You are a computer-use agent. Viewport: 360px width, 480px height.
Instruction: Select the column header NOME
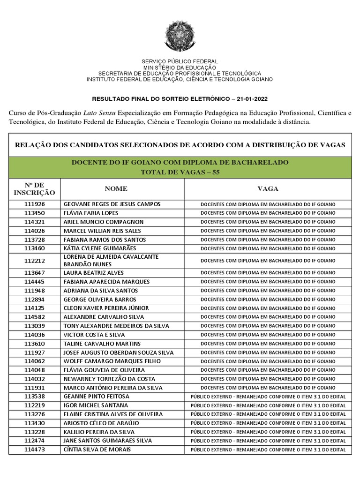[x=116, y=189]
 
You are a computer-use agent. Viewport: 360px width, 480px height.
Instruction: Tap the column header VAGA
[x=268, y=189]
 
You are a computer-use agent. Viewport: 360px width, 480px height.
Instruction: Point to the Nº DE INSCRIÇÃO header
[x=34, y=189]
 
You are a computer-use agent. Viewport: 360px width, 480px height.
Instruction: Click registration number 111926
[x=35, y=204]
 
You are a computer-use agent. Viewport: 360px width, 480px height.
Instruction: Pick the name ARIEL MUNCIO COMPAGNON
[x=103, y=222]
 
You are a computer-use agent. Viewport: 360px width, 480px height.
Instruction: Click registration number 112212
[x=35, y=261]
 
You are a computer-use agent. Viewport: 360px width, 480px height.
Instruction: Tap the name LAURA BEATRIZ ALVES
[x=93, y=273]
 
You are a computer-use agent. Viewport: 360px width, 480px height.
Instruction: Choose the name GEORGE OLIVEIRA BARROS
[x=99, y=300]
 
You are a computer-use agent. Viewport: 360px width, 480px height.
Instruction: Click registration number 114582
[x=35, y=317]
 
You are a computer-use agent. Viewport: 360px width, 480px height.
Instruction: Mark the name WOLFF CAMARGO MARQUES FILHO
[x=112, y=361]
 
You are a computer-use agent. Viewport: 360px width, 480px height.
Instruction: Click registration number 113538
[x=35, y=397]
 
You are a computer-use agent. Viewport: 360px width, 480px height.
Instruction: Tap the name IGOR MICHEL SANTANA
[x=95, y=405]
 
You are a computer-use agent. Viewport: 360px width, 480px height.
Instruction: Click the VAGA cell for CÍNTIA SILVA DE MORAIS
[x=268, y=450]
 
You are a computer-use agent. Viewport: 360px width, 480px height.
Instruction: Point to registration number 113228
[x=35, y=432]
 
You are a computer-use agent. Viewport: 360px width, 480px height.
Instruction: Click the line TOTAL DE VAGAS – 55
[x=180, y=172]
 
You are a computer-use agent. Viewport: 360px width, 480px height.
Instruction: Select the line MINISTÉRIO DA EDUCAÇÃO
[x=180, y=68]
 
